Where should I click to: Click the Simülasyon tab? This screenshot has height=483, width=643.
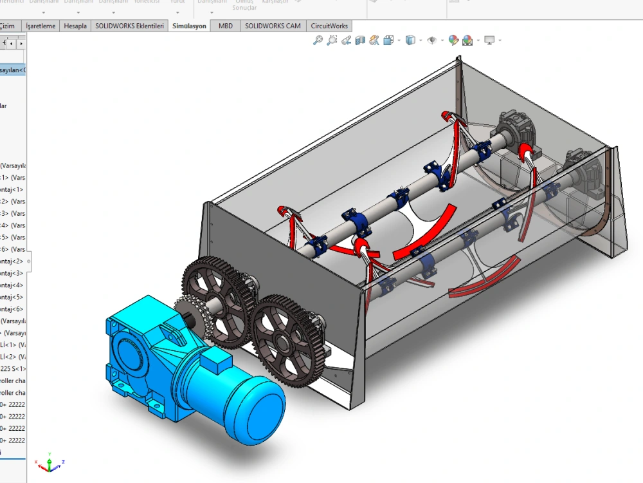(x=189, y=26)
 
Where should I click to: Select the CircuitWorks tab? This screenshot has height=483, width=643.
(x=329, y=26)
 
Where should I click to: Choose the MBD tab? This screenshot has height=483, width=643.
(x=226, y=26)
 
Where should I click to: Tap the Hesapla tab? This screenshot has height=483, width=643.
(x=76, y=26)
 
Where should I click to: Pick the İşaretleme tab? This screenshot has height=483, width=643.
(x=41, y=26)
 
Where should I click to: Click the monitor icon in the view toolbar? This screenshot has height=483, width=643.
(x=489, y=41)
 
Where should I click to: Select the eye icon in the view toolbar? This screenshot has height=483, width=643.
(x=432, y=41)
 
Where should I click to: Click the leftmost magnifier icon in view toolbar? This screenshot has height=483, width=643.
(x=317, y=41)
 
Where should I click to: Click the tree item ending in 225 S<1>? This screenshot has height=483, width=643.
(x=13, y=369)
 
